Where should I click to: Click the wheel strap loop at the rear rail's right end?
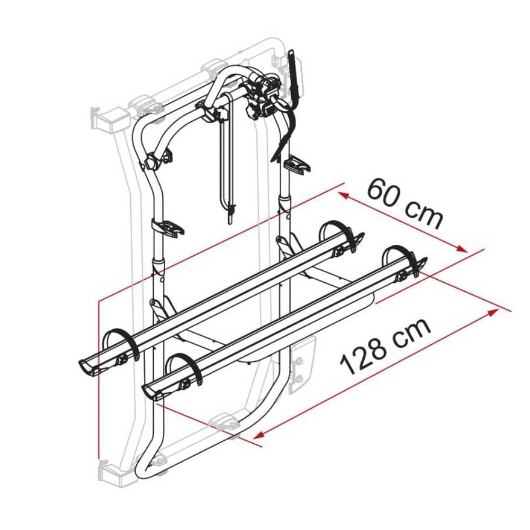pyautogui.click(x=335, y=232)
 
